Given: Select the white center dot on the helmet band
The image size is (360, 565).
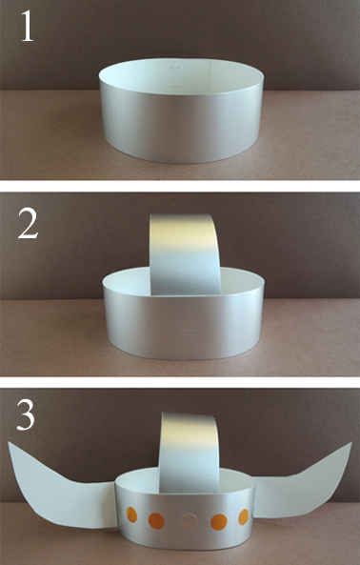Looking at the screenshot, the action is (x=189, y=521).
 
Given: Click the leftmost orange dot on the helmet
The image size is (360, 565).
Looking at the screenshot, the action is (x=131, y=515).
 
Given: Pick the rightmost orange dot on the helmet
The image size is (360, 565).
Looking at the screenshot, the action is (x=244, y=517).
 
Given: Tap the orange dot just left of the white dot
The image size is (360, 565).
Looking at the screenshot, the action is (x=156, y=520).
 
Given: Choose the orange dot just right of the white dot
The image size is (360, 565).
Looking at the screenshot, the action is (x=219, y=522).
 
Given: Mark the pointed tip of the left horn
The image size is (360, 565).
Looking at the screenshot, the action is (x=9, y=443).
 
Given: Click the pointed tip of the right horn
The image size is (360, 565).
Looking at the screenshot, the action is (x=351, y=442).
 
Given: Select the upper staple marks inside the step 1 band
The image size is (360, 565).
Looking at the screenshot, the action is (x=174, y=68).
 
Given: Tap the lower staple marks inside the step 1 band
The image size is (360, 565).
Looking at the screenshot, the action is (x=174, y=87).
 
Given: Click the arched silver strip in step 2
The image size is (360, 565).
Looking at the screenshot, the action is (x=185, y=252).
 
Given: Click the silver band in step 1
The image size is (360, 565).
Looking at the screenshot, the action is (x=182, y=123).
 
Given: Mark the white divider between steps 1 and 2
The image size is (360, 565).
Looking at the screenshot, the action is (x=180, y=186).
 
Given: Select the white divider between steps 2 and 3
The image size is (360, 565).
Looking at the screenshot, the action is (x=180, y=382).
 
